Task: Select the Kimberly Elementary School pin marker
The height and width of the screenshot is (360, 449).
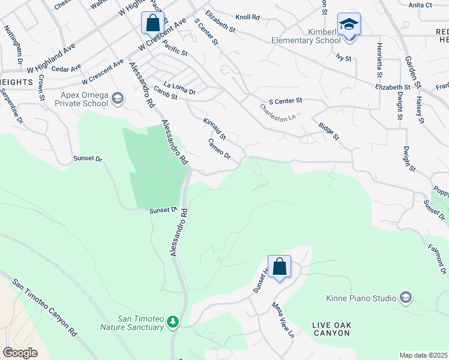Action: pos(349,25)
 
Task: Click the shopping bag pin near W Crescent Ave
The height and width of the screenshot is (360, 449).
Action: pos(153,24)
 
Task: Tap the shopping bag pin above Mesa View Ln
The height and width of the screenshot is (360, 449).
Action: pos(279,266)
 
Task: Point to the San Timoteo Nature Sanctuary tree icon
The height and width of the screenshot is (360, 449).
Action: pos(173,322)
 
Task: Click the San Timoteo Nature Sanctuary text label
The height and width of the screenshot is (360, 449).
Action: pos(131,322)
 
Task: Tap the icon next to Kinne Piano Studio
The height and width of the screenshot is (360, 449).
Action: pos(406,298)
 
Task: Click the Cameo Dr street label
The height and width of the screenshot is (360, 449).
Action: pos(219,149)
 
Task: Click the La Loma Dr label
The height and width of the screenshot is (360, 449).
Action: pos(179,88)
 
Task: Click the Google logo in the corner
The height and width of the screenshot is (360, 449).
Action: pos(20,352)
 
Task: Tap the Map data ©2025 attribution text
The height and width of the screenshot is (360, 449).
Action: pos(423,355)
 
